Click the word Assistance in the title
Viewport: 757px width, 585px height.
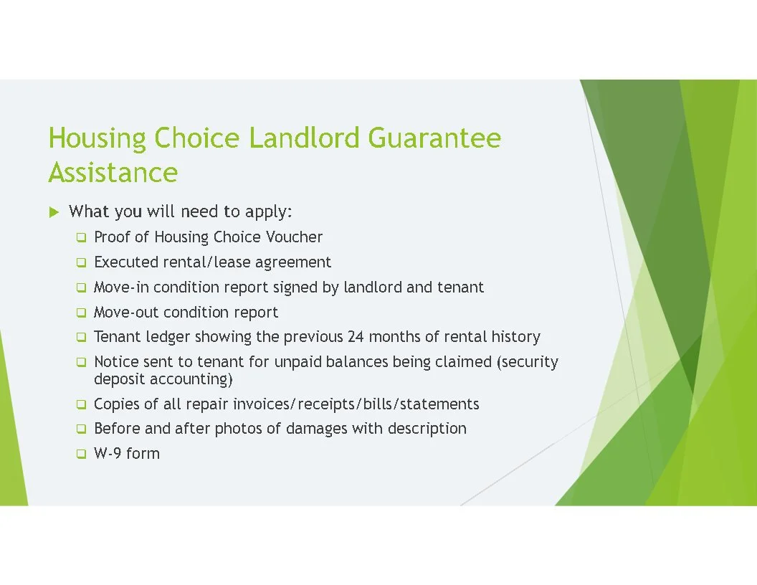pos(113,173)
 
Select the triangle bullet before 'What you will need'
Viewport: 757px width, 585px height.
pos(53,212)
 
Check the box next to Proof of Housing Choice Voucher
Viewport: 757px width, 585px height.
pos(81,237)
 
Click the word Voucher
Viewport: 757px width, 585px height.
pos(294,237)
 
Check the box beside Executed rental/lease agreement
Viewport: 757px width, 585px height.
pos(81,262)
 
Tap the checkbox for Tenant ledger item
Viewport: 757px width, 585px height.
pos(81,337)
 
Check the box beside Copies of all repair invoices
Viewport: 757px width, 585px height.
pos(81,404)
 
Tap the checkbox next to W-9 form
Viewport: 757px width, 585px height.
pos(81,454)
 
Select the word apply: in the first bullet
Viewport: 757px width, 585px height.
pos(269,212)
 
